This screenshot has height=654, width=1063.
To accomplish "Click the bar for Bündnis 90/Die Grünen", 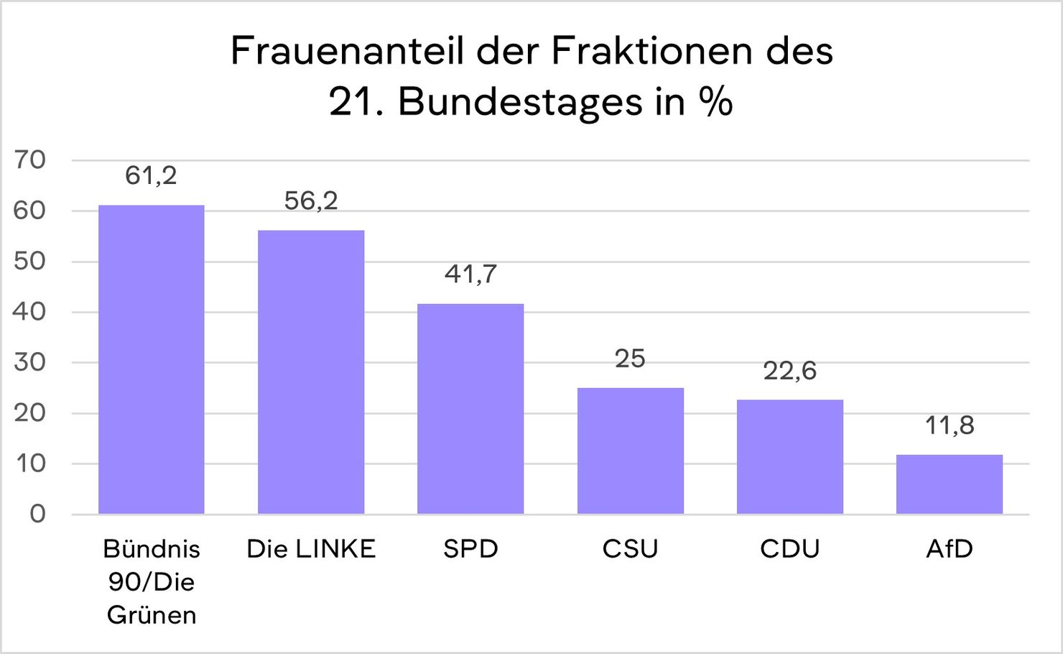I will coord(151,359).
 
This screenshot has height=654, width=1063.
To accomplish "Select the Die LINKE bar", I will coord(311,372).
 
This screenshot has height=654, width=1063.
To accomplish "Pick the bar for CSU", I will coord(630,451).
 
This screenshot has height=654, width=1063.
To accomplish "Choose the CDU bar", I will coord(789,456).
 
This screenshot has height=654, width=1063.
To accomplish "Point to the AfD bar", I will coord(949,484).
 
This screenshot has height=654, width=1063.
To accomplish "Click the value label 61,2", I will coord(151,175).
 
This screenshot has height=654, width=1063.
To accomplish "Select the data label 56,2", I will coord(311,201).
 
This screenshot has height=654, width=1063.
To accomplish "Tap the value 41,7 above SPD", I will coord(470,274).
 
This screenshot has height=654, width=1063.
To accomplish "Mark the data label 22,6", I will coord(789,371).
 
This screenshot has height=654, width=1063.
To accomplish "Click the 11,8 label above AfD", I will coord(949,425).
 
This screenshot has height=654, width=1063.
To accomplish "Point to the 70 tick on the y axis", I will coord(29,160).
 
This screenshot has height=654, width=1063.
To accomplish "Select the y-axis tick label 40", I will coord(29,311).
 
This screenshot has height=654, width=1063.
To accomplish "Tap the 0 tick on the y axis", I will coord(37,513).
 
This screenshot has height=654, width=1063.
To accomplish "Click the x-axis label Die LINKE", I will coord(311,549).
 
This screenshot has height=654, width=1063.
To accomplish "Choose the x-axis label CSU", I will coord(630,549).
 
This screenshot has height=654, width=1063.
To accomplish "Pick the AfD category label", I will coord(949,549).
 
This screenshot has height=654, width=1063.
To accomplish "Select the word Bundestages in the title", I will coord(520,102).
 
